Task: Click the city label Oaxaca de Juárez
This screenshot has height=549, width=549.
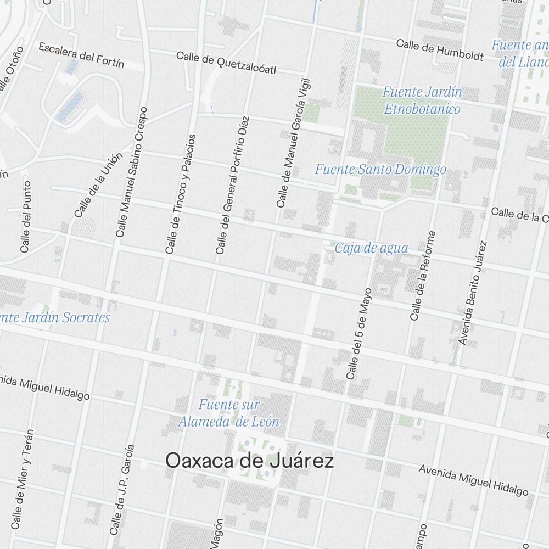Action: click(249, 461)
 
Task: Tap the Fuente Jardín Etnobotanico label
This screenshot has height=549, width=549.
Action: click(422, 100)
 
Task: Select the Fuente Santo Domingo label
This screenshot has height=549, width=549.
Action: click(380, 170)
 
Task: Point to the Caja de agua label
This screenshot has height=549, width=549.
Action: click(372, 248)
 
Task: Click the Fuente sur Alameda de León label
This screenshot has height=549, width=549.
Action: click(229, 413)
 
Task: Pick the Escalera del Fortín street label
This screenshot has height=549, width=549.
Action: click(81, 55)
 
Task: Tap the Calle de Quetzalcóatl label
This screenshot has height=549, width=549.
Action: click(226, 63)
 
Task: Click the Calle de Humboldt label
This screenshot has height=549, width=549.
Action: click(440, 49)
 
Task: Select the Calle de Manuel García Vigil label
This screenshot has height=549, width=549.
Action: click(293, 143)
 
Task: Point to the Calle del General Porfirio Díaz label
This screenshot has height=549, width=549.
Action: click(232, 185)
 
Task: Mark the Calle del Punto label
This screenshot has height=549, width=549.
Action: click(26, 217)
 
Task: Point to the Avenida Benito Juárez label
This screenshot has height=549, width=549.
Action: click(473, 293)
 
